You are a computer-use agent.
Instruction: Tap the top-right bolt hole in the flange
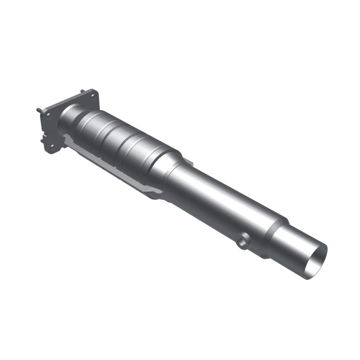click(x=92, y=96)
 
